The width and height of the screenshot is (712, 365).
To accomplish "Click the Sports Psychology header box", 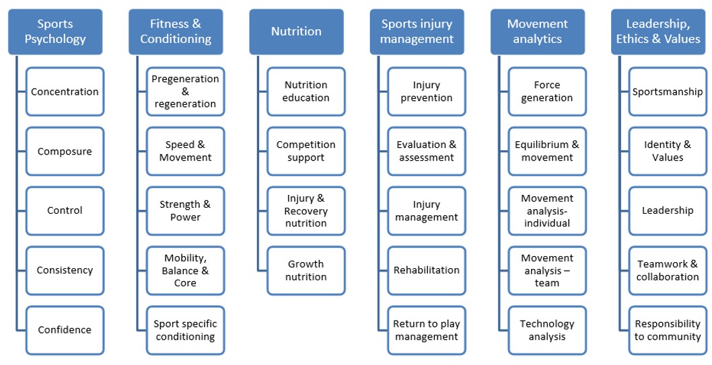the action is (55, 32).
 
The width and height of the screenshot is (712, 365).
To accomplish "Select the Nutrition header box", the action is (296, 32).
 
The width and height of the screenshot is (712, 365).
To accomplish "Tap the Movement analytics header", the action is (538, 32).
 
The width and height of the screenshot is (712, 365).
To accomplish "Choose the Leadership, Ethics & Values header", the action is (658, 32).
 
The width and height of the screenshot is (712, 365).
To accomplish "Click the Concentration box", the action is (65, 91).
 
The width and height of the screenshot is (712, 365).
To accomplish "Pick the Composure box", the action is (65, 151).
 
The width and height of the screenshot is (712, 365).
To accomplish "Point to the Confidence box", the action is (65, 330).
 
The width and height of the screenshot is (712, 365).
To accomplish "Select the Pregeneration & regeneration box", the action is (185, 91).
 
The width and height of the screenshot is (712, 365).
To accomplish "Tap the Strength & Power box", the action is (185, 211).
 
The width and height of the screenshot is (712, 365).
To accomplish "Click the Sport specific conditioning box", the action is (185, 330).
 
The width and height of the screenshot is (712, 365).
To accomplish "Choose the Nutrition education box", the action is (306, 91).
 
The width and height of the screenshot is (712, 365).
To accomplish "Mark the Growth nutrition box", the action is (306, 271).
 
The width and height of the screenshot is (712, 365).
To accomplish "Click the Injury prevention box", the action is (427, 91).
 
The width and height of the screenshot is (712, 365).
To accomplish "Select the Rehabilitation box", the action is (427, 271).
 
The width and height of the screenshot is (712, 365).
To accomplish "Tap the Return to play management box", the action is (427, 330).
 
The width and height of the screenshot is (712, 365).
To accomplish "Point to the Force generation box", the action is (547, 91).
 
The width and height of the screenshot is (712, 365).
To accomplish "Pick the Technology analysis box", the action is (547, 330).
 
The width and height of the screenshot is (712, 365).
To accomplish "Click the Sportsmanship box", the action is (668, 91).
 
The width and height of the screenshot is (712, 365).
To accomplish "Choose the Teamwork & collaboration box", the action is (668, 271).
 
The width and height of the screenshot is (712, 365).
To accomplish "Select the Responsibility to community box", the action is (668, 330).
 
